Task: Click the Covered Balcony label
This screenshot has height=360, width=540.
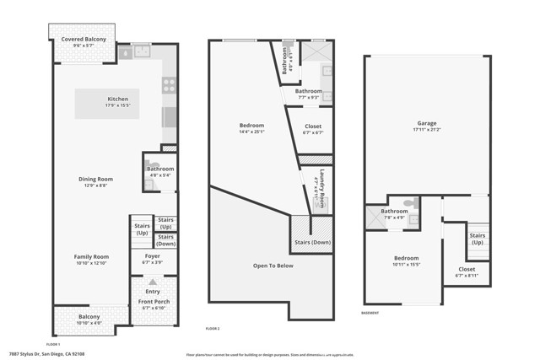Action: point(83,38)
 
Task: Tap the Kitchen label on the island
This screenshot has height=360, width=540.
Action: point(116,99)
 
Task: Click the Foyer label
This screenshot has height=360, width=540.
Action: point(153,255)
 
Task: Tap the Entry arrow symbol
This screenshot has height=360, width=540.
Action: point(153,282)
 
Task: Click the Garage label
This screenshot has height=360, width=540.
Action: point(426,122)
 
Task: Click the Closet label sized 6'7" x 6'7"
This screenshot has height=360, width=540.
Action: point(312,127)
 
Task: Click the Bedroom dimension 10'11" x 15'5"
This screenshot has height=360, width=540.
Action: point(407,264)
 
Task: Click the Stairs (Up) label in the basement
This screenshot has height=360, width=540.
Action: point(478,239)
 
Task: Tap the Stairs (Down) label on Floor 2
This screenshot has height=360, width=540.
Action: point(312,241)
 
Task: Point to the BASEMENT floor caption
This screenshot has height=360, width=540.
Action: point(370,313)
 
